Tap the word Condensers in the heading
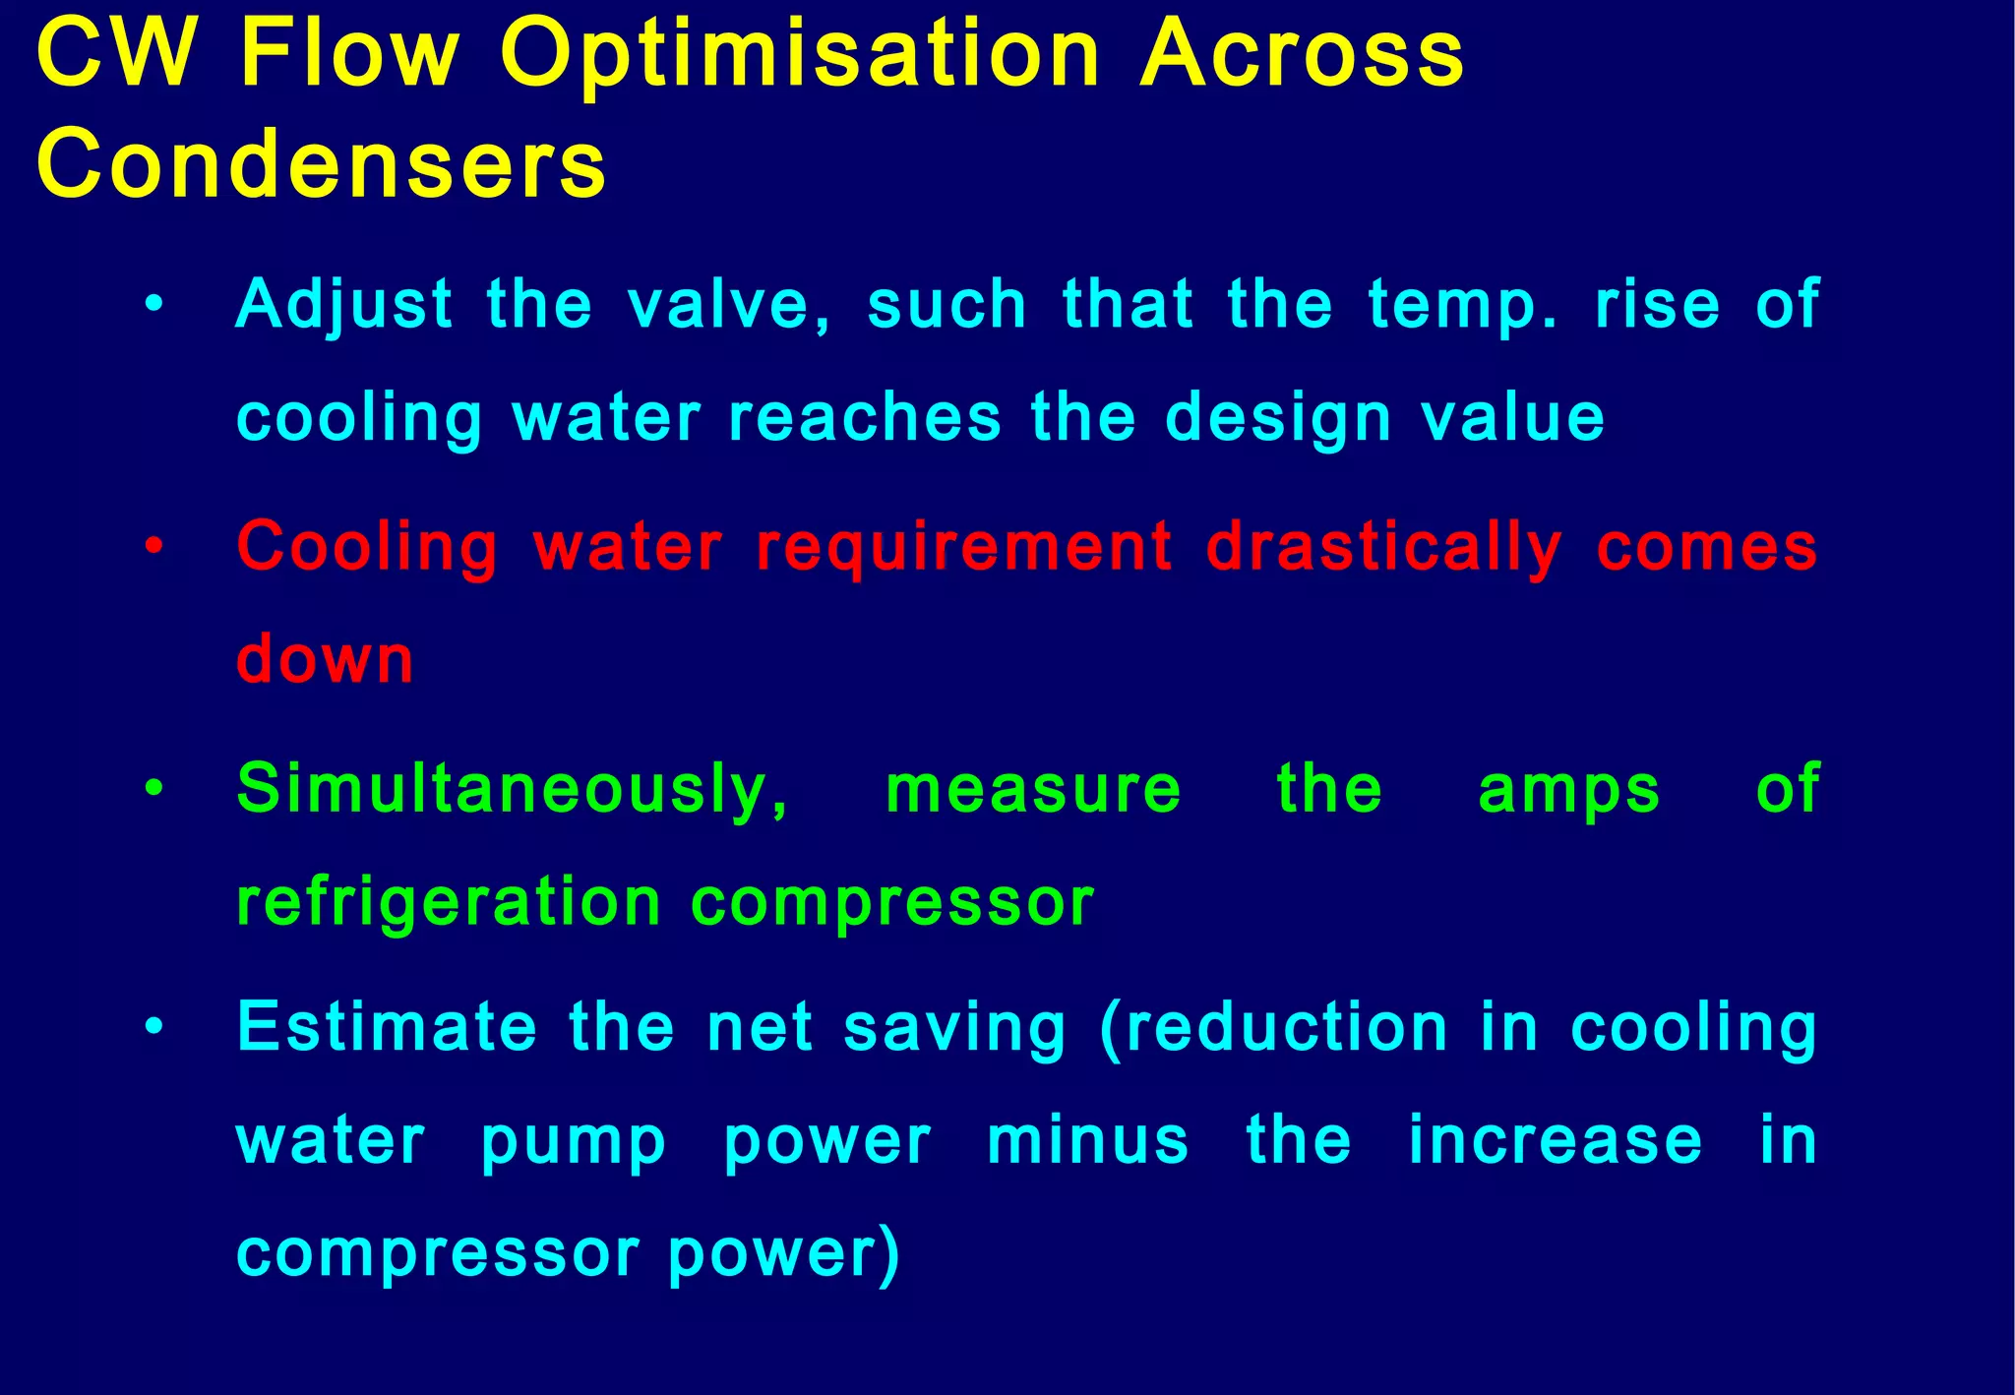tap(322, 164)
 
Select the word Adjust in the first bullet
tap(344, 304)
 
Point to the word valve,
tap(729, 304)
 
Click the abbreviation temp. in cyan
tap(1462, 306)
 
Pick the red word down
tap(325, 659)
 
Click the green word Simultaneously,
tap(513, 790)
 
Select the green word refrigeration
tap(449, 903)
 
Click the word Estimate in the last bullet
tap(387, 1027)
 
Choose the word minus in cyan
tap(1087, 1141)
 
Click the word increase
tap(1555, 1141)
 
